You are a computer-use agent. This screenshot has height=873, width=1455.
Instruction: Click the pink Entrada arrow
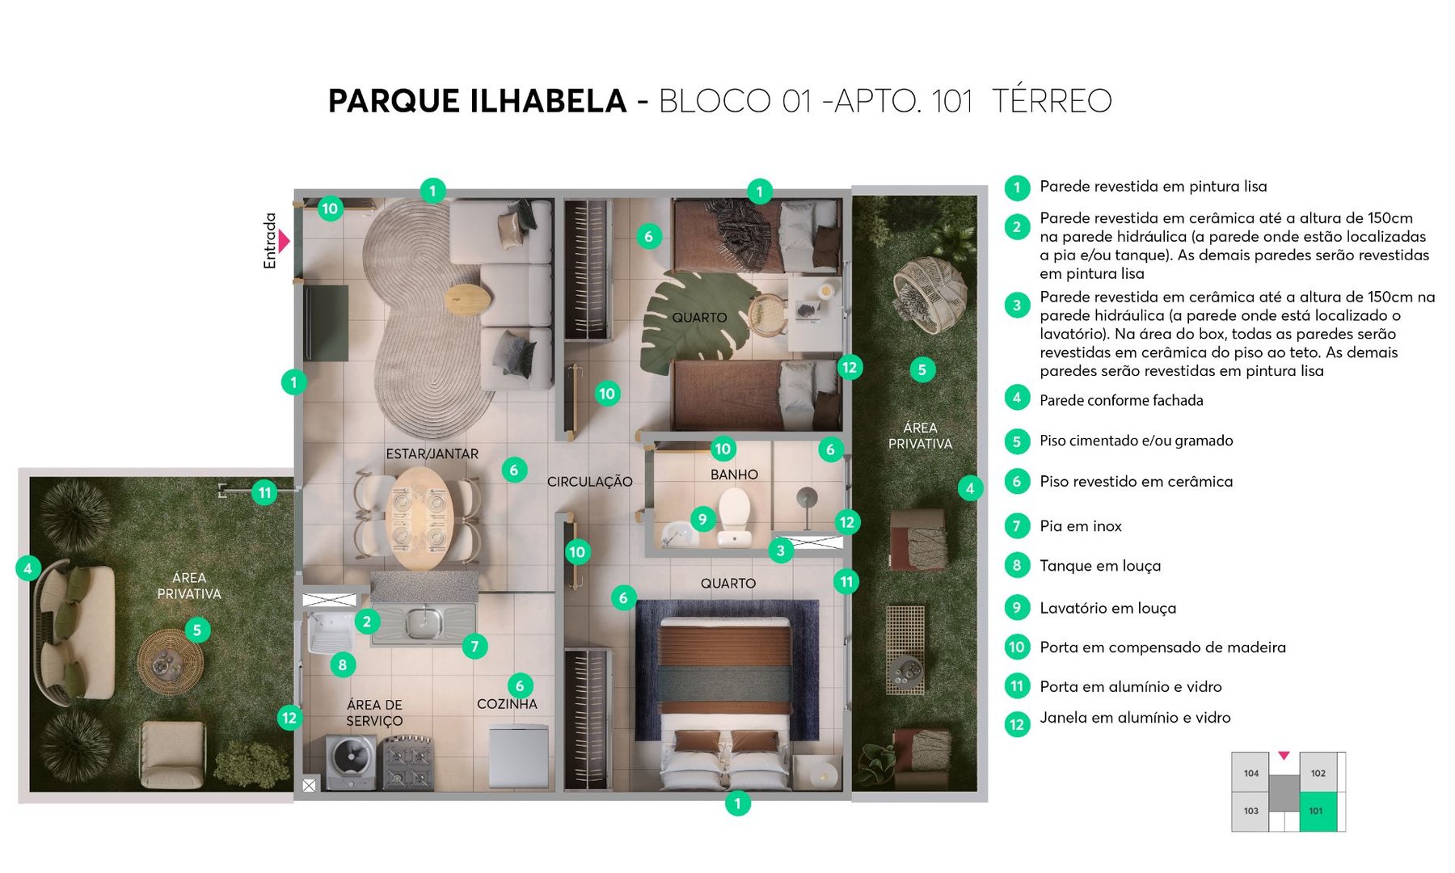(284, 241)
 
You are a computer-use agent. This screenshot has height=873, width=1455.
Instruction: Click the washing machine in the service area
(351, 761)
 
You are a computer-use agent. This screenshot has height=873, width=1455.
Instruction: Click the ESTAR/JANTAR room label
(432, 454)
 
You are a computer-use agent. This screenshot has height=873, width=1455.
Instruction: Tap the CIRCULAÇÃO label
(589, 482)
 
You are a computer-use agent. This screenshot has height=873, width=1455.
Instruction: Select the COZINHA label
(507, 704)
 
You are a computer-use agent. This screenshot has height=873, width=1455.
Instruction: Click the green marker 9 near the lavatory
(702, 519)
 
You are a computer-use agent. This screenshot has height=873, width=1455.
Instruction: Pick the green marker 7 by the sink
(474, 646)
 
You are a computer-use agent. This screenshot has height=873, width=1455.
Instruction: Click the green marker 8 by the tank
(343, 664)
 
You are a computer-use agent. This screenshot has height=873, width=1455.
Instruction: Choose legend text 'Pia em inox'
(1080, 526)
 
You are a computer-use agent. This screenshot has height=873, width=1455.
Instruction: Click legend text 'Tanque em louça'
(1099, 566)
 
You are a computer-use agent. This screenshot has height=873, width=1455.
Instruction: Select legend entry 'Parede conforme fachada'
(1120, 400)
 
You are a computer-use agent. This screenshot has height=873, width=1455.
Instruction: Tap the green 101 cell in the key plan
(1318, 812)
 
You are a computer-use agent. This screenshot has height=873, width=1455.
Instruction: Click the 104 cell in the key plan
(1250, 774)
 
